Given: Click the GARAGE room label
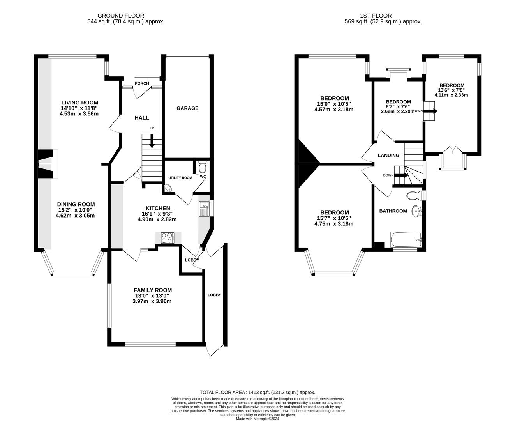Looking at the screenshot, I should pyautogui.click(x=187, y=108).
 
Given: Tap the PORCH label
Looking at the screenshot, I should pyautogui.click(x=142, y=83).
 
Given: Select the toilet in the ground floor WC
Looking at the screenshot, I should pyautogui.click(x=202, y=167).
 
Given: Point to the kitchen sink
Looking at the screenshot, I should pyautogui.click(x=204, y=209).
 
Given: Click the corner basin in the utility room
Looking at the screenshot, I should pyautogui.click(x=168, y=188).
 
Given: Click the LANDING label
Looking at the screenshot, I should pyautogui.click(x=388, y=156).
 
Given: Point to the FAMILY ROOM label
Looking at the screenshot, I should pyautogui.click(x=153, y=290).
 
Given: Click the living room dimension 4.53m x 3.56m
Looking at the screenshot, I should pyautogui.click(x=79, y=114).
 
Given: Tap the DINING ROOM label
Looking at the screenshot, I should pyautogui.click(x=76, y=204).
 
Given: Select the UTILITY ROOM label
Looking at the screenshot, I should pyautogui.click(x=180, y=178).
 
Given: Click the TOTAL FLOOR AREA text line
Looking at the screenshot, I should pyautogui.click(x=257, y=393).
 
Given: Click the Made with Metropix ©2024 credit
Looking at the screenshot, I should pyautogui.click(x=257, y=419).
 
